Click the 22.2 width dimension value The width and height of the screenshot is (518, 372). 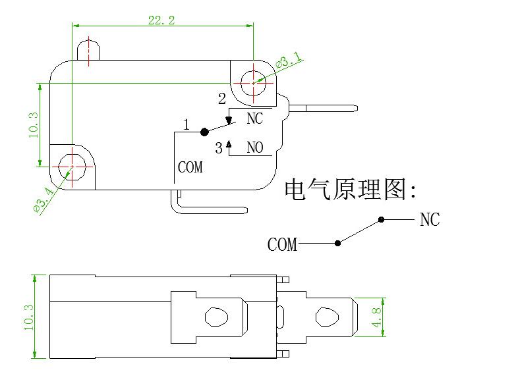[x=161, y=20]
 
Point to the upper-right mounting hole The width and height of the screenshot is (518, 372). [x=253, y=83]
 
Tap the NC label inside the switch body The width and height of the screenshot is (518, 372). [x=254, y=119]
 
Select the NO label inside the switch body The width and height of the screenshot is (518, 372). [x=254, y=147]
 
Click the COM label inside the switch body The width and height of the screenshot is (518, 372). [x=190, y=168]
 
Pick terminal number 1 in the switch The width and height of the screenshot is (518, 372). [x=187, y=124]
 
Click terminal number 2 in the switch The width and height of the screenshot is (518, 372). [x=221, y=99]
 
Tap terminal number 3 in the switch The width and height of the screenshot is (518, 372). [x=219, y=148]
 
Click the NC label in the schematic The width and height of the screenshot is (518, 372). [x=430, y=220]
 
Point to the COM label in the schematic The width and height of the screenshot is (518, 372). [x=282, y=245]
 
